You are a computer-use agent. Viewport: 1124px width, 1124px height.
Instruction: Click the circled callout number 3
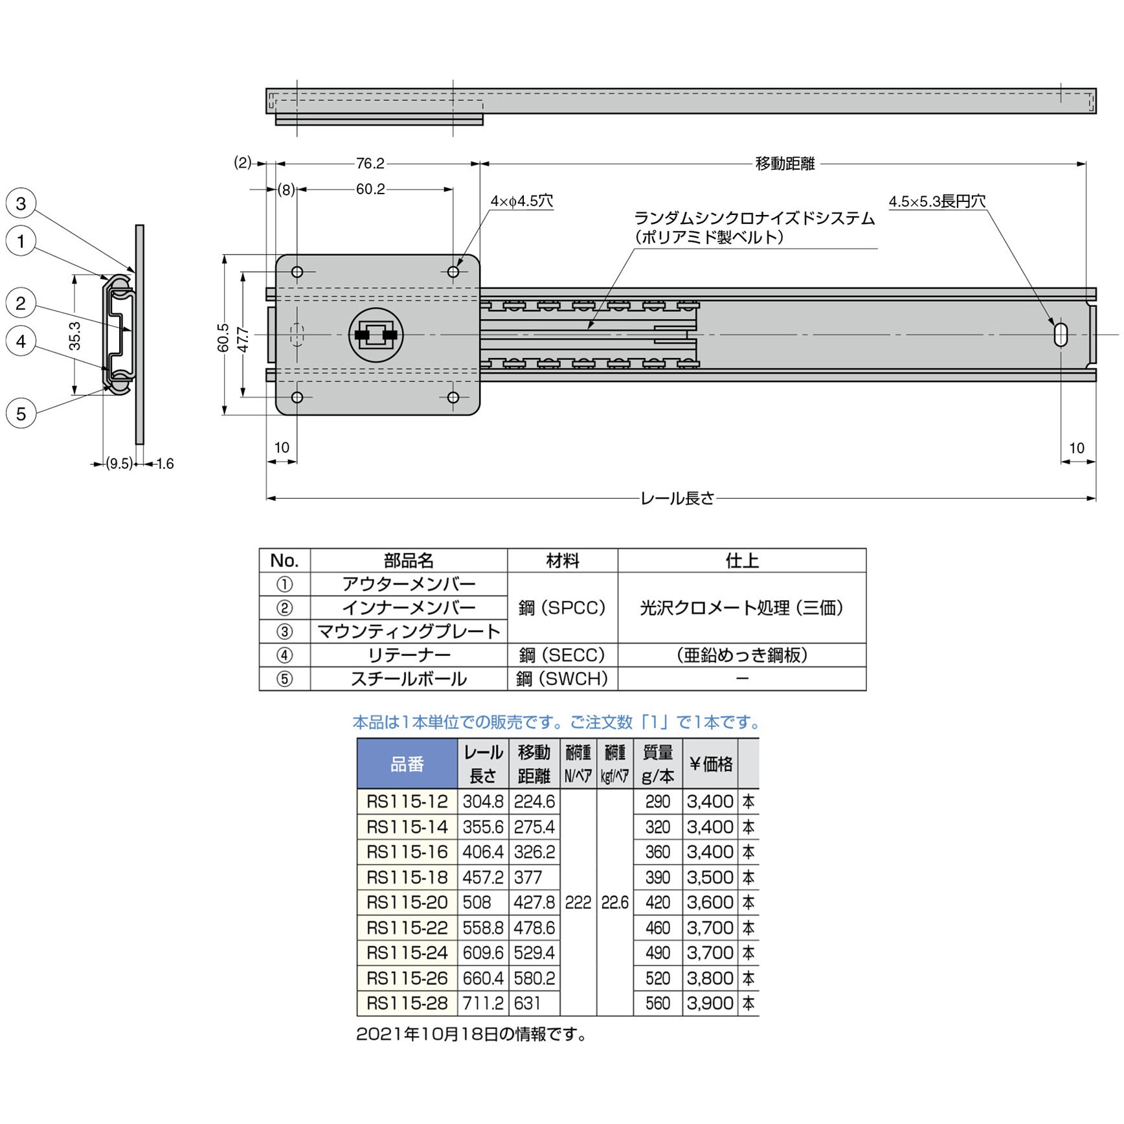coord(21,203)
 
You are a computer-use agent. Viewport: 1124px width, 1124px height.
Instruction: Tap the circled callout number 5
coord(21,414)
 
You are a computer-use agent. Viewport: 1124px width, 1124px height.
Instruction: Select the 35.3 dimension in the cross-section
coord(75,335)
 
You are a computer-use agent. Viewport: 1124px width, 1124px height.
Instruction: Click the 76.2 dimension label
coord(370,164)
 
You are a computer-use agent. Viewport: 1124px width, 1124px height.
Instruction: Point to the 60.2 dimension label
coord(370,189)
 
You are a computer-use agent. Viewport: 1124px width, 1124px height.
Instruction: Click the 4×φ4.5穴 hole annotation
coord(521,201)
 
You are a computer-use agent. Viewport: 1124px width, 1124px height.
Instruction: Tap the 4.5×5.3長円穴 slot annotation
coord(936,201)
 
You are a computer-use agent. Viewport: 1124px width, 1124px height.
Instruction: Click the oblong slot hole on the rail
coord(1061,335)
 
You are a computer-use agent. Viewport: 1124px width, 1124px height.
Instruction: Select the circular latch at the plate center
coord(376,335)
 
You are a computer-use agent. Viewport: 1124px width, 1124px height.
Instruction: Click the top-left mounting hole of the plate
coord(297,272)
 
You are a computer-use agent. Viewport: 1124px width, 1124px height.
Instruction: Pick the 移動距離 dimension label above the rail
coord(785,164)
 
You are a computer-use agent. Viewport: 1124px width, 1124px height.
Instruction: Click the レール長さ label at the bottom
coord(677,499)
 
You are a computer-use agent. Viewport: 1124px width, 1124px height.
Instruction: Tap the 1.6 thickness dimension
coord(165,464)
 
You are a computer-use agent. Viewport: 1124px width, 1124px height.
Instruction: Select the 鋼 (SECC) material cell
coord(562,655)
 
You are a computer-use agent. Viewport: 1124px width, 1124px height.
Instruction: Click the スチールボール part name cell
coord(409,679)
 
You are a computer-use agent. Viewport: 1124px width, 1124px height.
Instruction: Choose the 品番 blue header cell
coord(407,764)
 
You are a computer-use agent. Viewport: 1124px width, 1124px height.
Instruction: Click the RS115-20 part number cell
coord(407,903)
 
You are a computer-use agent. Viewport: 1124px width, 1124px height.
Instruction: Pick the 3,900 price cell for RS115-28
coord(710,1004)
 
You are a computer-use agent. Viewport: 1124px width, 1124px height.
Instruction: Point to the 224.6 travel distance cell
coord(534,802)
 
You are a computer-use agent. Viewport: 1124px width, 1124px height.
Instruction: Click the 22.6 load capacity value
coord(614,903)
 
